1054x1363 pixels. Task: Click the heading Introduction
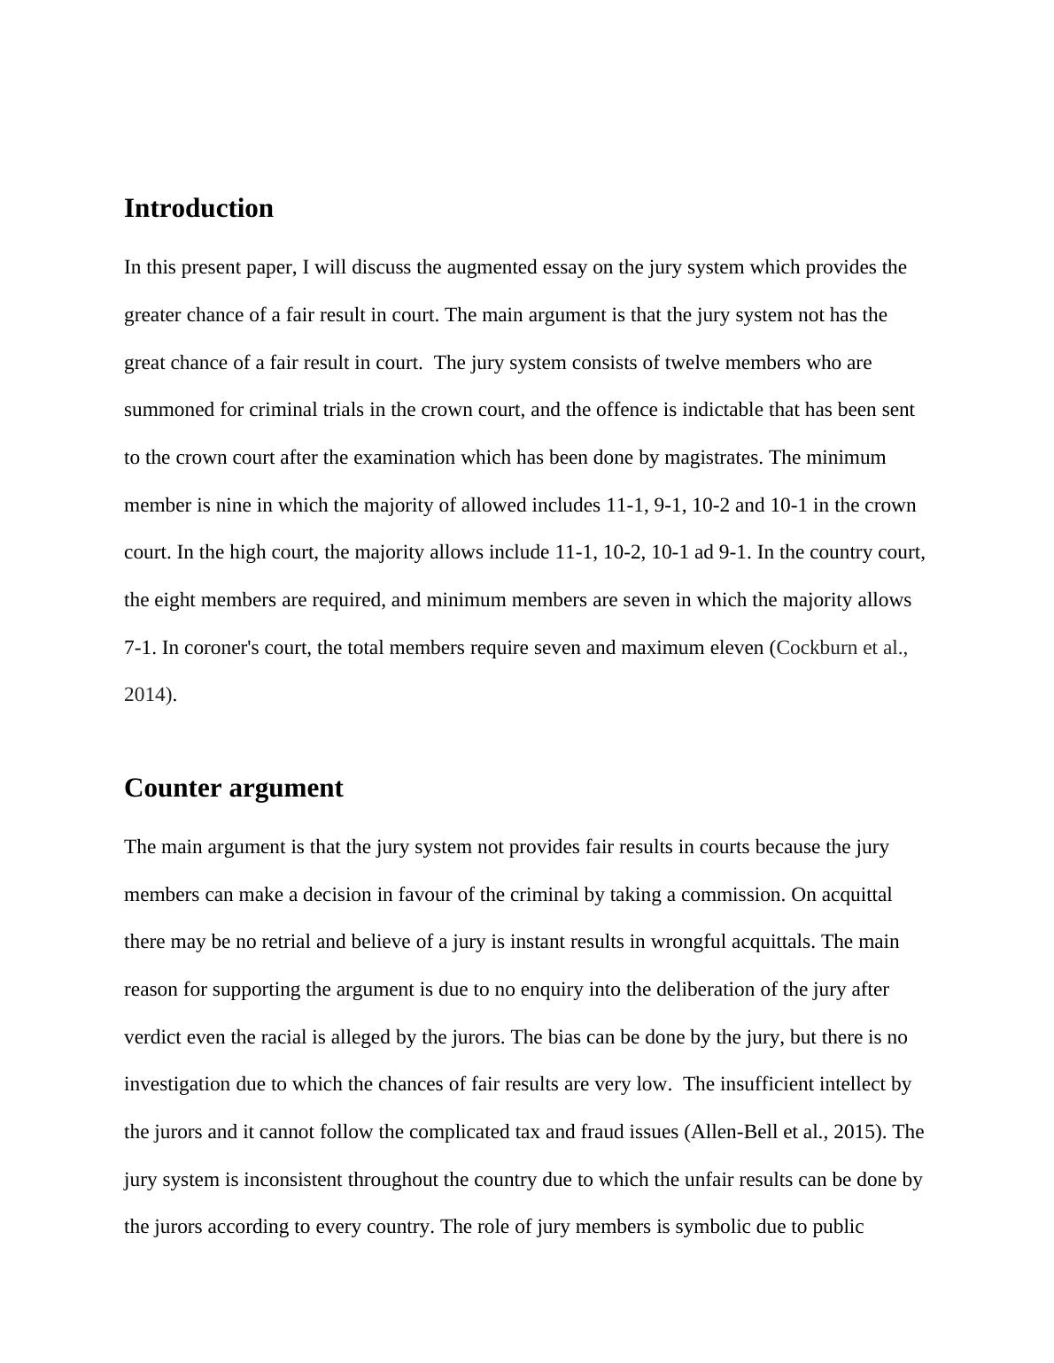[198, 209]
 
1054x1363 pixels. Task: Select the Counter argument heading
[233, 789]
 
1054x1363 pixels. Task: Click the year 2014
[143, 695]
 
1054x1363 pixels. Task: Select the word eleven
[735, 648]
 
